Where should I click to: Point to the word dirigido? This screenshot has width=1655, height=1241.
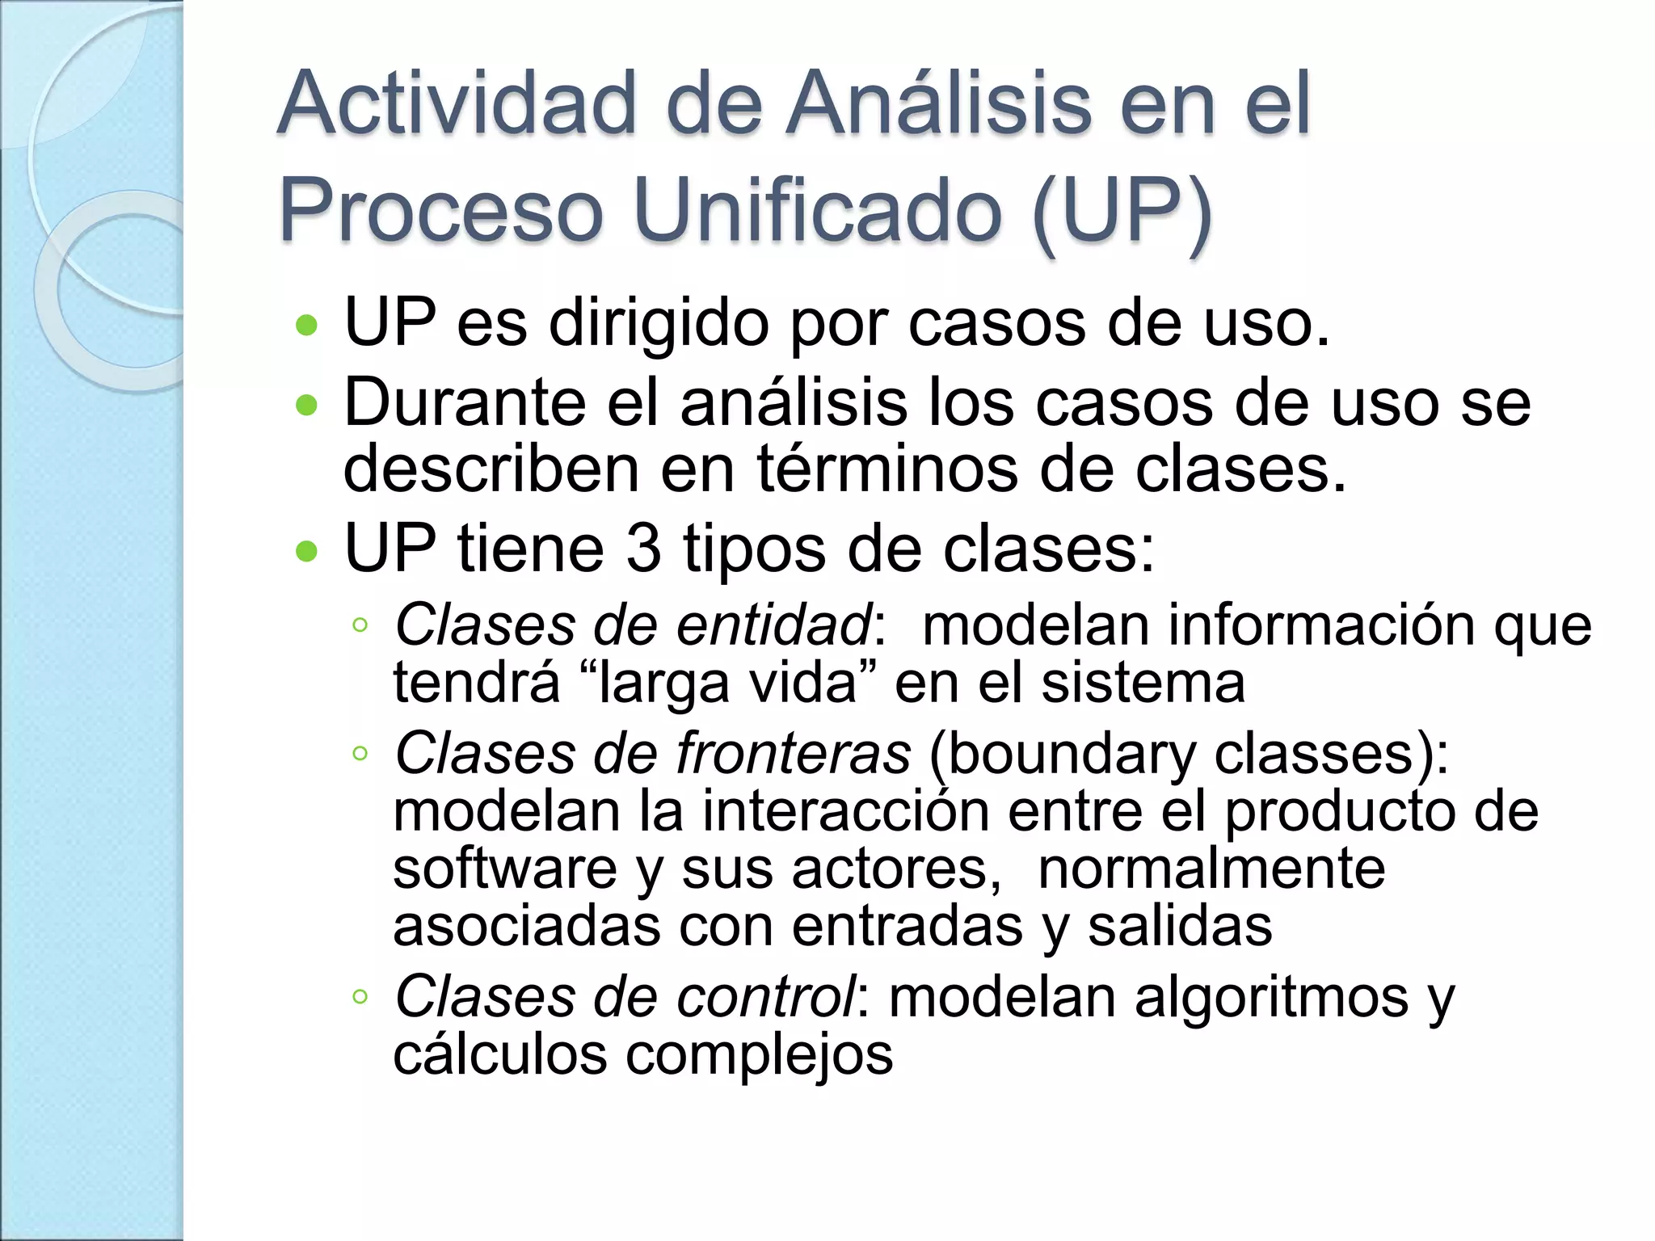point(658,323)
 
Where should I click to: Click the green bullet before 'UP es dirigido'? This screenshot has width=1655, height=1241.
point(307,326)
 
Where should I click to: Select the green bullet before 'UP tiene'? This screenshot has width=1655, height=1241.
point(307,551)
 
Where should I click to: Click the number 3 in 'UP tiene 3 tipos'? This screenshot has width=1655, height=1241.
point(642,549)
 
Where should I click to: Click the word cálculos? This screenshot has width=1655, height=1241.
point(499,1054)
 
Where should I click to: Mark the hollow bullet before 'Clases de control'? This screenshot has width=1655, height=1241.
point(360,997)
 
